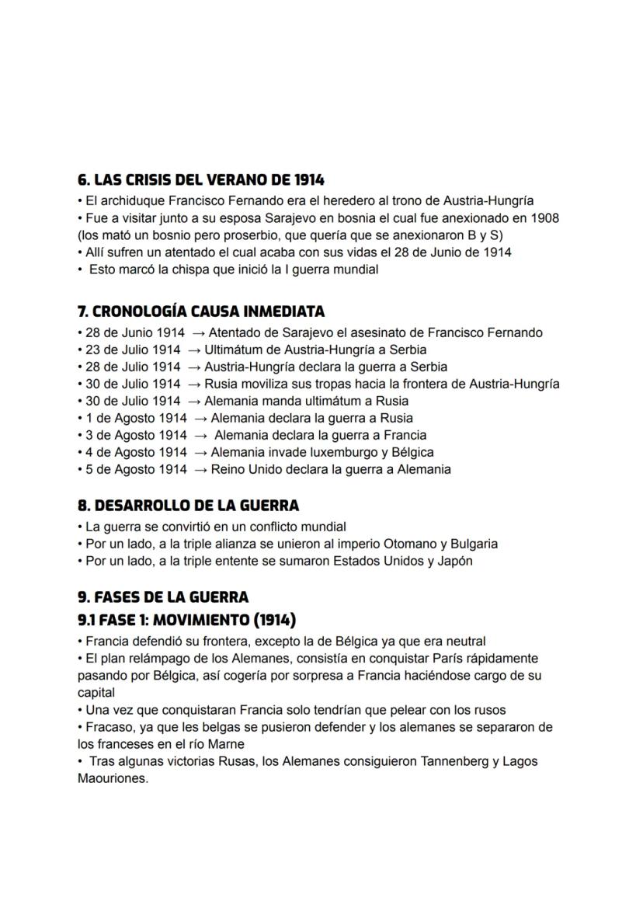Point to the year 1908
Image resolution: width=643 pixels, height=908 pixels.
point(543,218)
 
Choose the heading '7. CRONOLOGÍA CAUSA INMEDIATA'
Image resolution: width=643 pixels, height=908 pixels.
point(200,311)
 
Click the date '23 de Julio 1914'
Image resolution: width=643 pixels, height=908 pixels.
point(129,350)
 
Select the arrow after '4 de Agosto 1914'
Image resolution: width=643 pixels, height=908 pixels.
point(200,452)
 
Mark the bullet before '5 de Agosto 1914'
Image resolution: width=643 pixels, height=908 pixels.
point(80,469)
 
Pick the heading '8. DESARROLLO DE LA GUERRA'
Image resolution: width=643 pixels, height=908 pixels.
point(188,506)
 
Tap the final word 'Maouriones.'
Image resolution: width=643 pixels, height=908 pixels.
point(113,778)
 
